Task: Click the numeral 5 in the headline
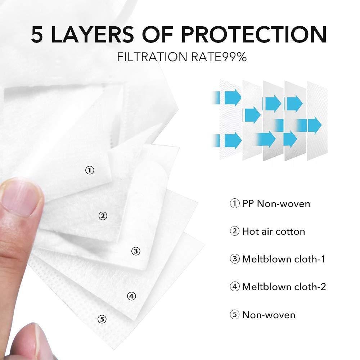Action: click(37, 35)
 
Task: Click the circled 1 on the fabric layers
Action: click(90, 170)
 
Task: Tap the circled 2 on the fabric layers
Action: click(103, 216)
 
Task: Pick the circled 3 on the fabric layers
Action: click(136, 251)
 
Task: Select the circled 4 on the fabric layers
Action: click(131, 296)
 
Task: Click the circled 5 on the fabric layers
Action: click(102, 319)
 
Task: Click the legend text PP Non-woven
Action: click(276, 204)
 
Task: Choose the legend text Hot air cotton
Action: click(274, 231)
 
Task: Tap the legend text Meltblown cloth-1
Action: click(284, 259)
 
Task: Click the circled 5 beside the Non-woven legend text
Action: click(235, 315)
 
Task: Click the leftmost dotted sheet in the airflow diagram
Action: click(230, 120)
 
